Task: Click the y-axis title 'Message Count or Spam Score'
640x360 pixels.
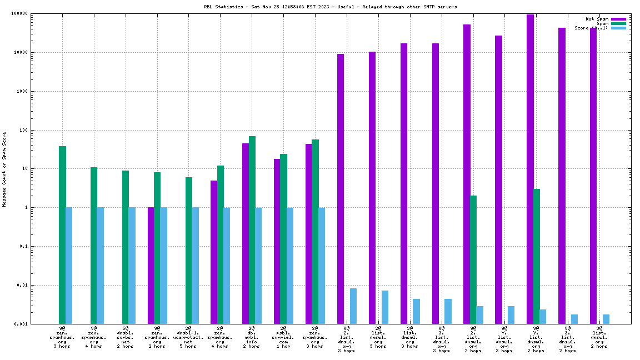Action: [4, 169]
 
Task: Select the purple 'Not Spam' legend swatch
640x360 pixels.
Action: [618, 19]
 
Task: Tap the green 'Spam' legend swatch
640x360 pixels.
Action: [618, 23]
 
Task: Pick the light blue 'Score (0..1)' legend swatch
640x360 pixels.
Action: [618, 28]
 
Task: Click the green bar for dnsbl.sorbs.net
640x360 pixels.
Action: [126, 247]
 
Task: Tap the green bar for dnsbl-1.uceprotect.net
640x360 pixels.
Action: [189, 251]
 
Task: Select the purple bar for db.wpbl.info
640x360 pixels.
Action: [246, 233]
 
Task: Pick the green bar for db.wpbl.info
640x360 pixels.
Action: [252, 230]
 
